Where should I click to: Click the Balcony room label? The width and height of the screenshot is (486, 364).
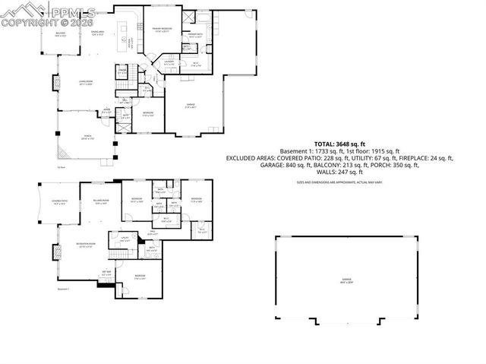[x=61, y=35]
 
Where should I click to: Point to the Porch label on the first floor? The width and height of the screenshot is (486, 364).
[x=89, y=137]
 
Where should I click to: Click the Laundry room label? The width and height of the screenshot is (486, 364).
[x=170, y=64]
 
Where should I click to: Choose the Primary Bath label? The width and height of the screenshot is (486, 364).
[x=194, y=35]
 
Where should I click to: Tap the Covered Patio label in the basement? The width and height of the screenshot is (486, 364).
[x=60, y=202]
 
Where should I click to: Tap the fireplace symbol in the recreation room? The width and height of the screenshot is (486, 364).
[x=55, y=250]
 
